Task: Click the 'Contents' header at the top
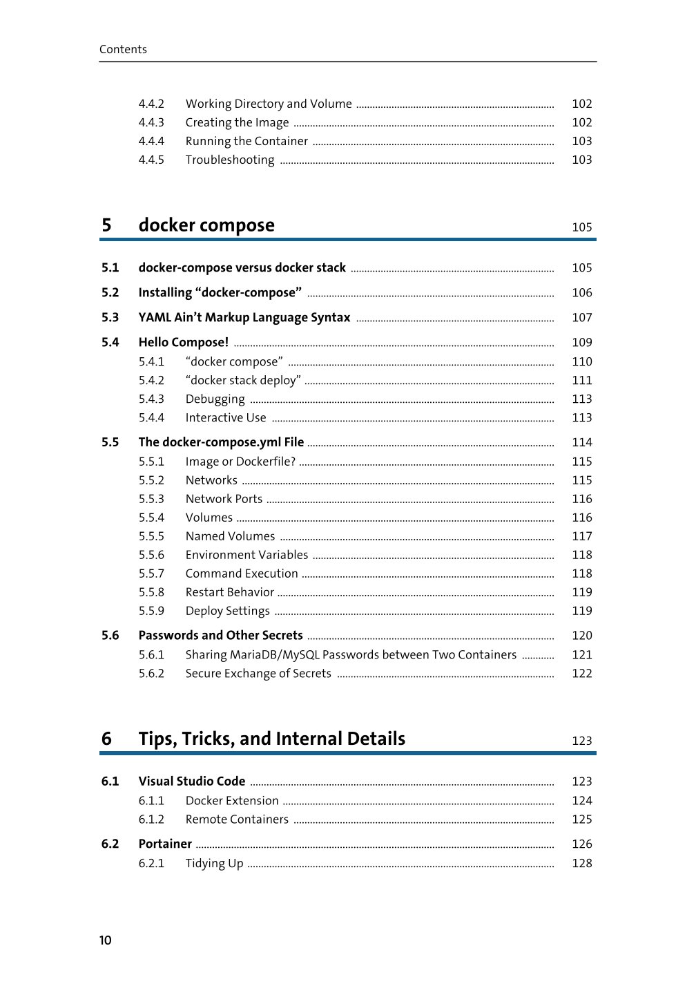click(123, 49)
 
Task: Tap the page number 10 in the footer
click(105, 940)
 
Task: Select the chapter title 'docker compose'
click(206, 225)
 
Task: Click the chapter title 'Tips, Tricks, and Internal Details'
click(271, 739)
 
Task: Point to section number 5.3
click(110, 317)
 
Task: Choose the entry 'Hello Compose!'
click(183, 342)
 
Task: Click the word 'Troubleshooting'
click(230, 160)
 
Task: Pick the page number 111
click(581, 380)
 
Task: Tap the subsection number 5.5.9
click(151, 611)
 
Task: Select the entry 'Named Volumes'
click(230, 536)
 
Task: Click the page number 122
click(581, 673)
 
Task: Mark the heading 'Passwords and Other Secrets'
click(220, 635)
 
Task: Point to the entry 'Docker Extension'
click(232, 800)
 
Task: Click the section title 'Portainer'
click(165, 844)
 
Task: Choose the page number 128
click(581, 863)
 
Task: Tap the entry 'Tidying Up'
click(214, 863)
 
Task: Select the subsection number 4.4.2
click(151, 104)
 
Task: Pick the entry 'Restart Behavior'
click(230, 592)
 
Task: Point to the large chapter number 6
click(106, 739)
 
